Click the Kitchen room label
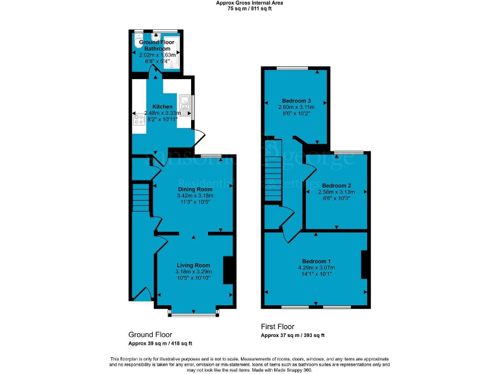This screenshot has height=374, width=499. point(162,106)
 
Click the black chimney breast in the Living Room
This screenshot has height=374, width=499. point(228,270)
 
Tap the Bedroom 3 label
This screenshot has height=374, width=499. point(296,101)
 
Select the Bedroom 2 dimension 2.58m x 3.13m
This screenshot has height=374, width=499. point(336,192)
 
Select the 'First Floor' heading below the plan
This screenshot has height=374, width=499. point(277,327)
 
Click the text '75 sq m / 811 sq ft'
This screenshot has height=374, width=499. point(249,8)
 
